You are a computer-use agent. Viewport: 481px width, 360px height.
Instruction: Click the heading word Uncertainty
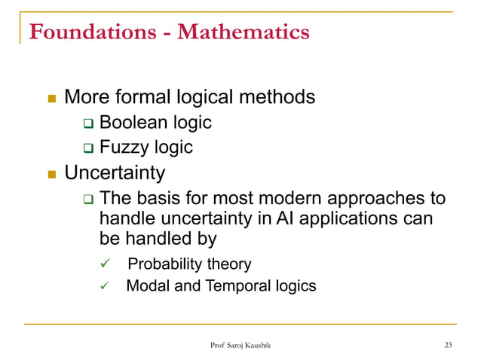click(115, 173)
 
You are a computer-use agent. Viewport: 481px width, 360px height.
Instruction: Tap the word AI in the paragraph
click(283, 219)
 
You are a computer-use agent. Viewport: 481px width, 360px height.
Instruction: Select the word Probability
click(164, 264)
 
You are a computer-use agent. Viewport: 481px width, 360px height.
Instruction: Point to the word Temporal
click(236, 286)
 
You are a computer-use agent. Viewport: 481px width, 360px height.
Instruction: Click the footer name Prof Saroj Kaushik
click(240, 345)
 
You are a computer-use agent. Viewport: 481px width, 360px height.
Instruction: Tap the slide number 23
click(449, 345)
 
